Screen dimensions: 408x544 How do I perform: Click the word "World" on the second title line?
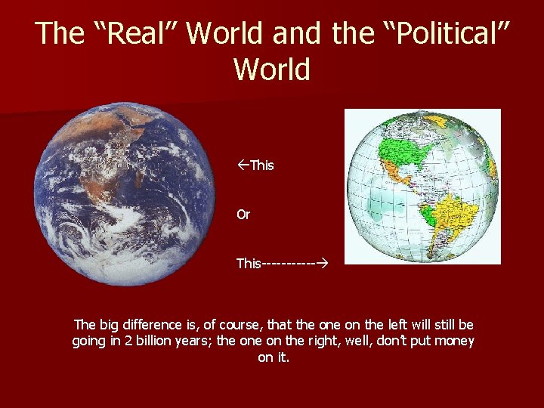(272, 70)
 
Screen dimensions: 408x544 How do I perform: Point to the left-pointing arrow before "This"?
(243, 165)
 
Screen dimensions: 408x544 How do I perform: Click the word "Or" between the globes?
(243, 215)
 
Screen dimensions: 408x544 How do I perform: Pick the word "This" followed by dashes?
(249, 264)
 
